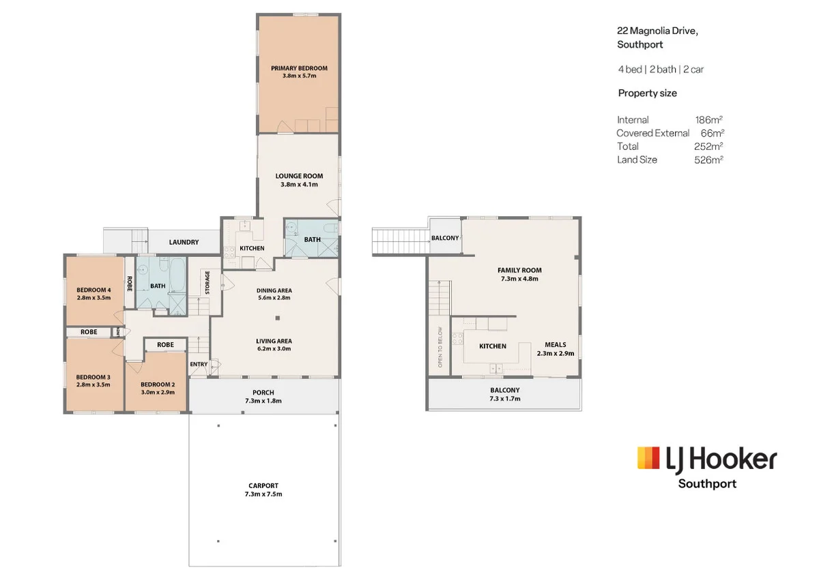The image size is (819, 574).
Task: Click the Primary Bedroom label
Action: point(299,68)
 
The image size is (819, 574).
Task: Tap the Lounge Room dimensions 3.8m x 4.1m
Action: point(299,184)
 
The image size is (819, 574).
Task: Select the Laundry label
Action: point(184,242)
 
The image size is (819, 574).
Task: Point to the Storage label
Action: point(207,282)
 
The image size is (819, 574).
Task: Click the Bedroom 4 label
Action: point(94,290)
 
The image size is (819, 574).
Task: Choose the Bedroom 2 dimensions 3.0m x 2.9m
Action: point(158,393)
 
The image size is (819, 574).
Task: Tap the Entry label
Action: point(199,365)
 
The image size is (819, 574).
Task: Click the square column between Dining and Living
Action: point(278,318)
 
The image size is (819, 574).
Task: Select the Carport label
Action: point(263,485)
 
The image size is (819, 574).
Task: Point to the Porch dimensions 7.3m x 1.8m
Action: point(263,401)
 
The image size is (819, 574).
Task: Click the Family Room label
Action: point(519,270)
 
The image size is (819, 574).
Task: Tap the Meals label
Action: point(556,345)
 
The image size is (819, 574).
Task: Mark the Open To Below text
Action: point(440,347)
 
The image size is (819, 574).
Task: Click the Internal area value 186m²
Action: point(709,120)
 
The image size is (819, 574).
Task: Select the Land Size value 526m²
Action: point(708,160)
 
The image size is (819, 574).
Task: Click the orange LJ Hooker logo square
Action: point(648,458)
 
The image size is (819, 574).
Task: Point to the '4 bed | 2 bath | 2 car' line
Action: point(661,70)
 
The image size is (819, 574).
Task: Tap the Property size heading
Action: point(648,93)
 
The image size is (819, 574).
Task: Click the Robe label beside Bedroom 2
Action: point(166,345)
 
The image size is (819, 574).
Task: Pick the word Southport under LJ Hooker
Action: point(708,484)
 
